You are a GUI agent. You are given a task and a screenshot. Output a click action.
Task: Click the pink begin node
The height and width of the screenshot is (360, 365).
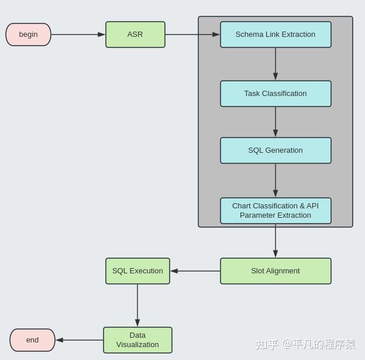tap(28, 35)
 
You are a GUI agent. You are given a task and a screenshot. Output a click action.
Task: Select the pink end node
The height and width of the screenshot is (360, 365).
tap(32, 340)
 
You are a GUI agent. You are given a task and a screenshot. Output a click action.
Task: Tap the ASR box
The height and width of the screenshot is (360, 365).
tap(135, 35)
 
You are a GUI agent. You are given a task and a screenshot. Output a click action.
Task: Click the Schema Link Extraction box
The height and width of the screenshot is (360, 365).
tap(276, 35)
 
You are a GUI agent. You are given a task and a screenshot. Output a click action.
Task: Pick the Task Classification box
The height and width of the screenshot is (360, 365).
tap(276, 94)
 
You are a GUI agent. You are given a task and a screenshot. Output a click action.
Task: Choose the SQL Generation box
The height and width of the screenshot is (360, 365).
tap(276, 150)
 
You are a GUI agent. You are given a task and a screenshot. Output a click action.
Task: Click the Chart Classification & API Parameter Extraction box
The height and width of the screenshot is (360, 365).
tap(276, 211)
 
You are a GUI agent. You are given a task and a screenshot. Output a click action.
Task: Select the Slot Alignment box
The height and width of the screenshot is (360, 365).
tap(276, 271)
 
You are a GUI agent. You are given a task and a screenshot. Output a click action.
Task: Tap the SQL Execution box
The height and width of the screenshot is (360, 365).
tap(137, 271)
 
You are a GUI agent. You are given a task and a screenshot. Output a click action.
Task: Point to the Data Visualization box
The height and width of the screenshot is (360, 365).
tap(137, 340)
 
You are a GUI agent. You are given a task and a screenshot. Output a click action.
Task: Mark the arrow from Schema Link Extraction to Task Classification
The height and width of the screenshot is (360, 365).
tap(276, 64)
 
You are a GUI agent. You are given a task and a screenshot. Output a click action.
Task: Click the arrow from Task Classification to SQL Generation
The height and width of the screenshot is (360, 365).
tap(276, 122)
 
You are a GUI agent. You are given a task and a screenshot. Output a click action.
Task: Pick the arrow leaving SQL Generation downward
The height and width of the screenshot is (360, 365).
tap(276, 180)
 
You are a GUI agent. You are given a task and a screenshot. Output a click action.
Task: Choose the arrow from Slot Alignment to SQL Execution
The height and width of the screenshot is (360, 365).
tap(195, 271)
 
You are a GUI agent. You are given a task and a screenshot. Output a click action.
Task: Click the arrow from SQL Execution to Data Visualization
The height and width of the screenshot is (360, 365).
tap(137, 305)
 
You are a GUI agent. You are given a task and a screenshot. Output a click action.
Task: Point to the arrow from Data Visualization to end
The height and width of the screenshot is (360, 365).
tap(80, 340)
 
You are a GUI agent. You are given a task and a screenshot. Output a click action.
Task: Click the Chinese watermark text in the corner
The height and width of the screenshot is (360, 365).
tap(305, 344)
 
